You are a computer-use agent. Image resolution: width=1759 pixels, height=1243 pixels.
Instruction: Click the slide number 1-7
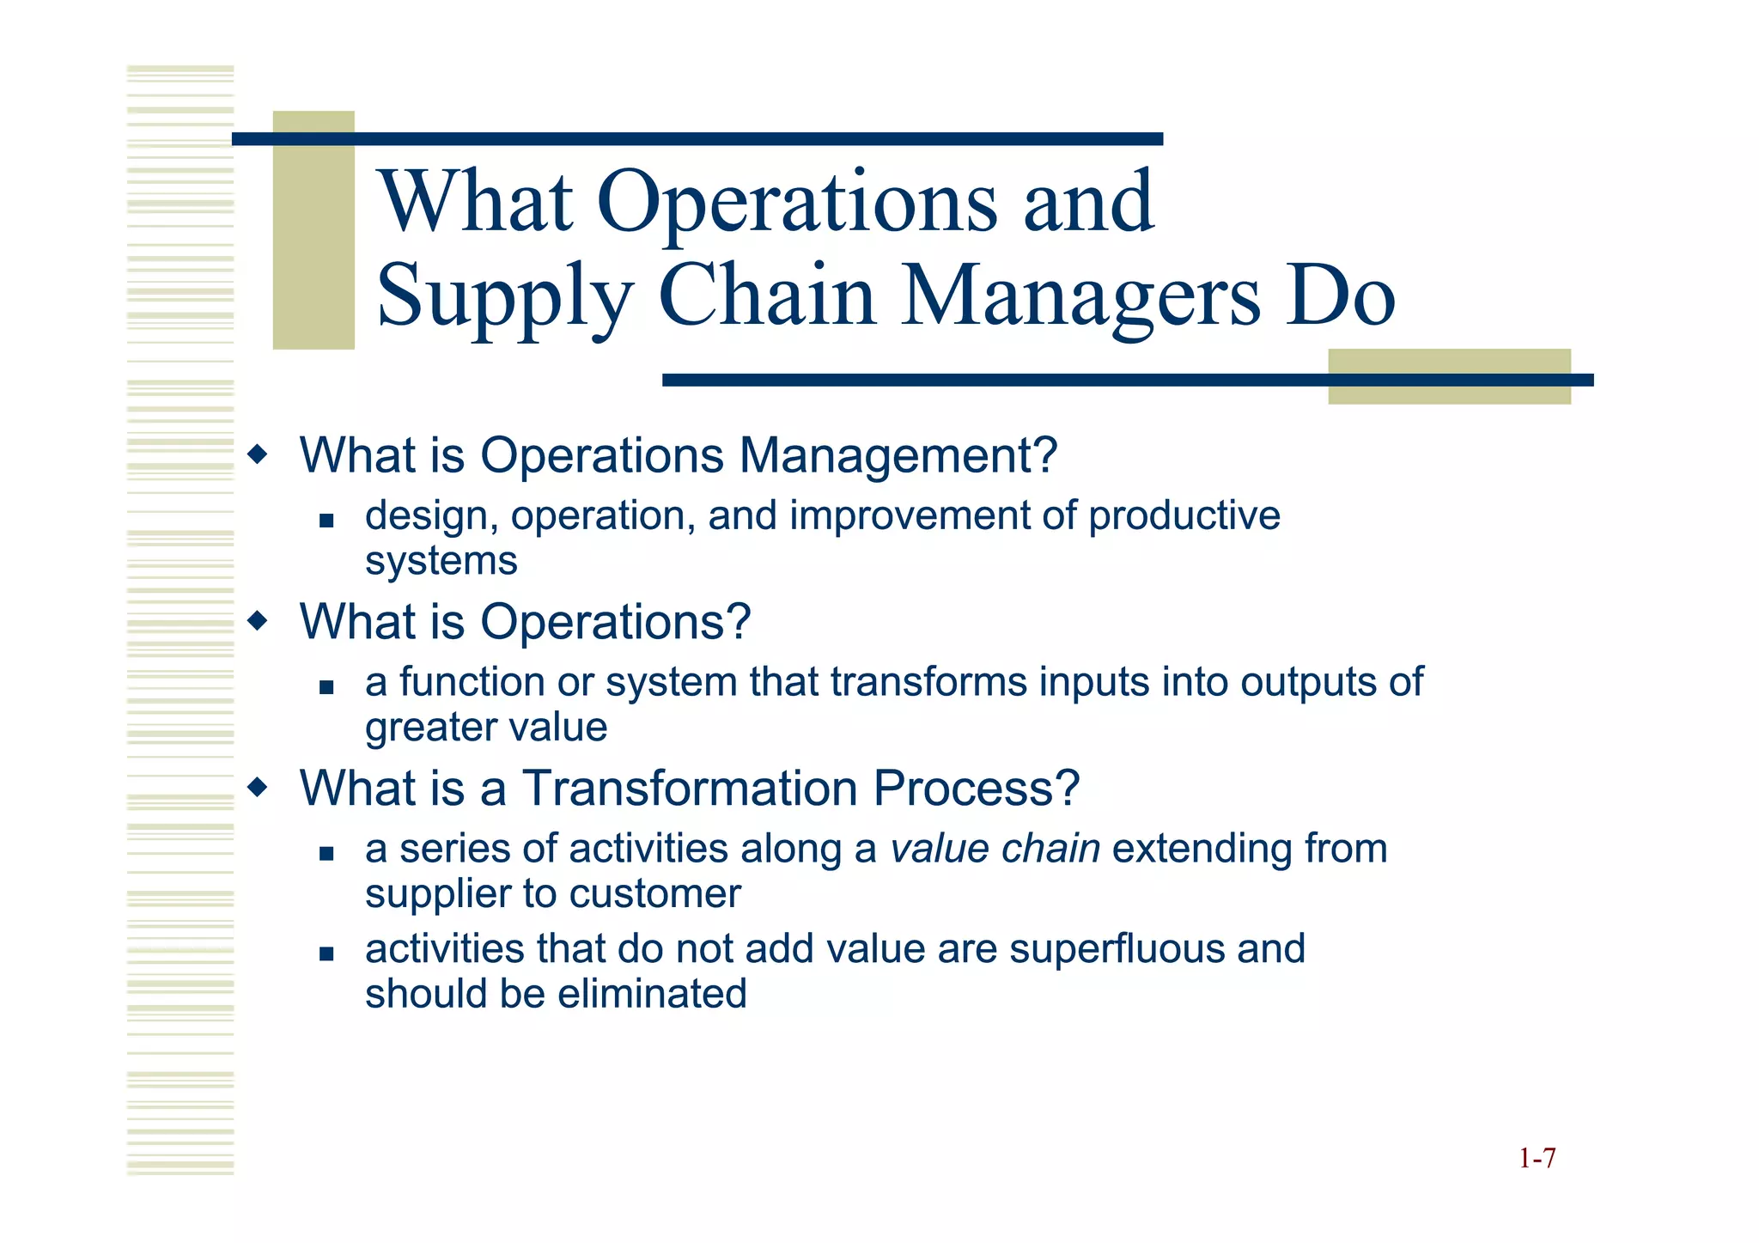1537,1159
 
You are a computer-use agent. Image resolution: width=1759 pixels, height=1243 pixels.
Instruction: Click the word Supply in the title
505,296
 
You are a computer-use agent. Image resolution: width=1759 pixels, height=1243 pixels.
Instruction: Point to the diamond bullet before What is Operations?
257,619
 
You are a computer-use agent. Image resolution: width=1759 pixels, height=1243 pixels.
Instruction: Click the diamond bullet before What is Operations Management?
257,453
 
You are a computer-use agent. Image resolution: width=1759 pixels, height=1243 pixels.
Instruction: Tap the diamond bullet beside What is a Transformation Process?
257,786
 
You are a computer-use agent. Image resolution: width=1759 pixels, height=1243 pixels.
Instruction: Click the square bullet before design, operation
326,520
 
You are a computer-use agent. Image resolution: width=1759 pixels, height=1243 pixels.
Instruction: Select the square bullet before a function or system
326,686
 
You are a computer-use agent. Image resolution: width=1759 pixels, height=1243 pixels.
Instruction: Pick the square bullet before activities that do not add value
326,953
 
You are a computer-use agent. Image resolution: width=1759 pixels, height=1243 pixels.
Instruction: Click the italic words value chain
995,849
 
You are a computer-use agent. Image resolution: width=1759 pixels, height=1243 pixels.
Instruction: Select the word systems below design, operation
441,562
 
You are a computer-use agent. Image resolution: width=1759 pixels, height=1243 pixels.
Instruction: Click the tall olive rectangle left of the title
313,230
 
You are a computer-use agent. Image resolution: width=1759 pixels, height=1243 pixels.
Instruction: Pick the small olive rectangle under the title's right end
1449,376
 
